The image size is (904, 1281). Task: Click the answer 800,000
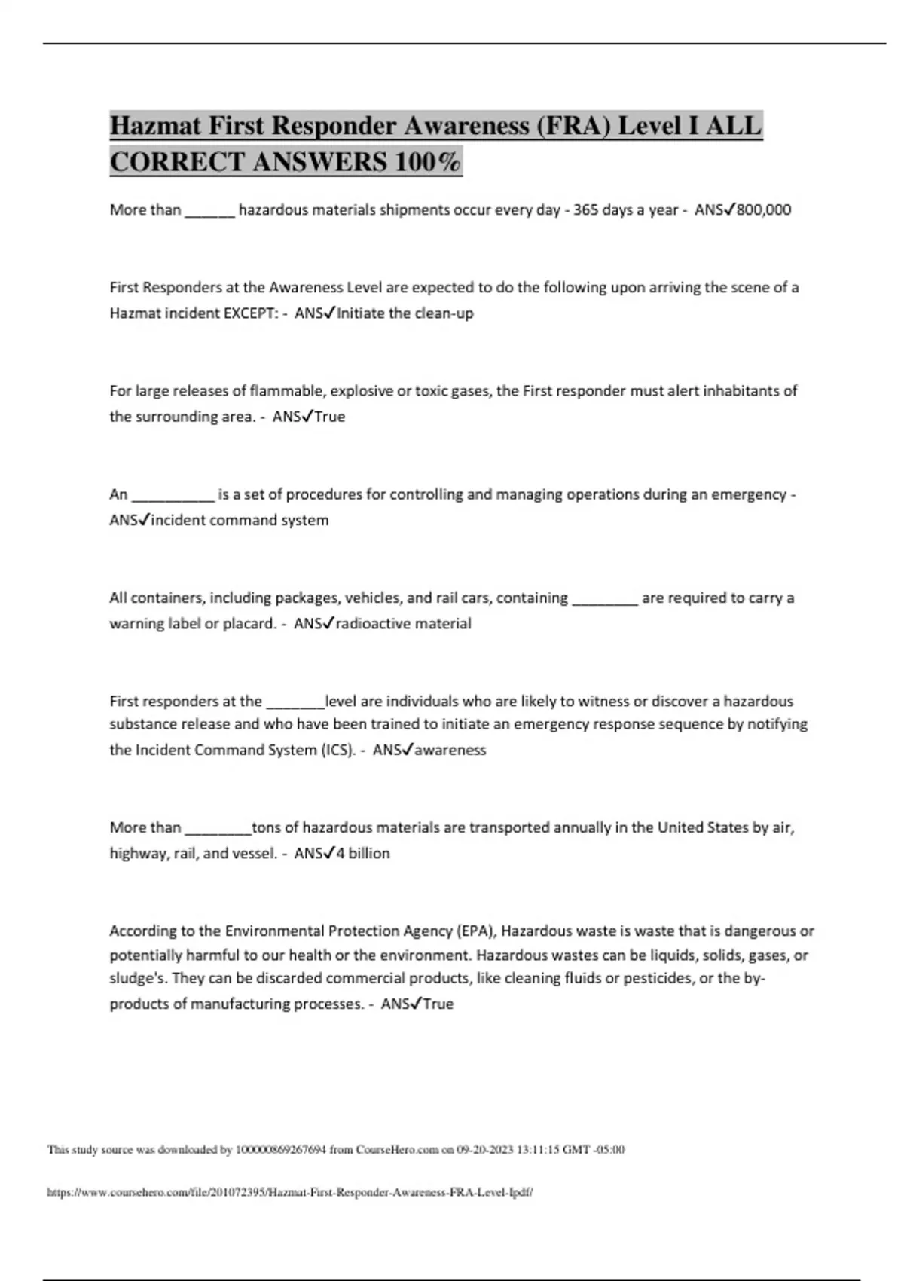tap(764, 210)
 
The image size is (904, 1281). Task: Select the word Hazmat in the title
tap(156, 125)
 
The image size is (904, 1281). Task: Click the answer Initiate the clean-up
tap(405, 313)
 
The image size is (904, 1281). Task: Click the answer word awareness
tap(450, 751)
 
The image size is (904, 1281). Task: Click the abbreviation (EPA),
tap(476, 931)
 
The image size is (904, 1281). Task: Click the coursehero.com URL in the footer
tap(290, 1193)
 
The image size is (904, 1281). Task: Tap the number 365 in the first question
tap(586, 210)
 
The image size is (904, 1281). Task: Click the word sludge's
tap(138, 979)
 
